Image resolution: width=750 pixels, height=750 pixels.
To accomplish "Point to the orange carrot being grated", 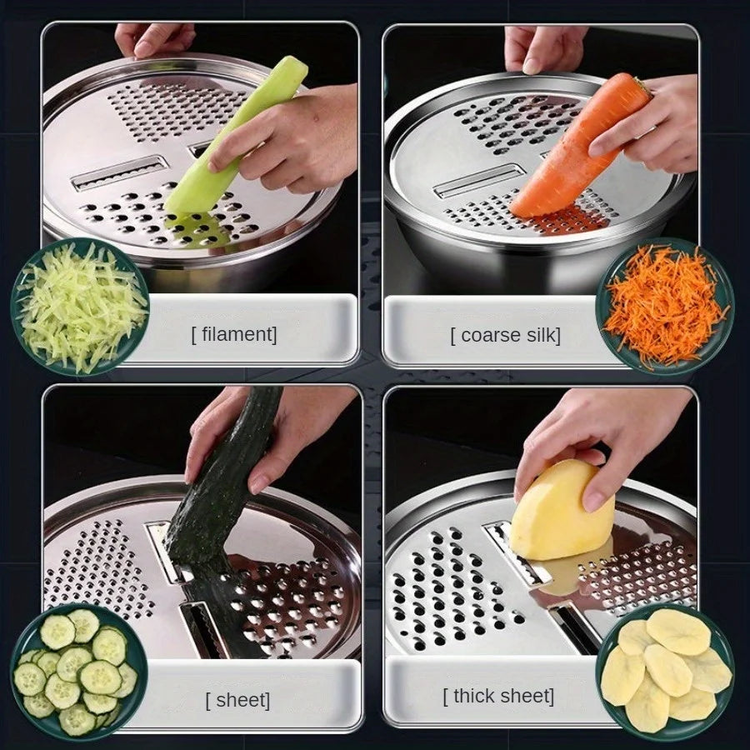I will click(x=575, y=150).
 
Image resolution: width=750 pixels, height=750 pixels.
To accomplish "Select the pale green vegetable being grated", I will click(x=229, y=142).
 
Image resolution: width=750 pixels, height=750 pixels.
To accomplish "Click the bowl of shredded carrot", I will click(x=664, y=307).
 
